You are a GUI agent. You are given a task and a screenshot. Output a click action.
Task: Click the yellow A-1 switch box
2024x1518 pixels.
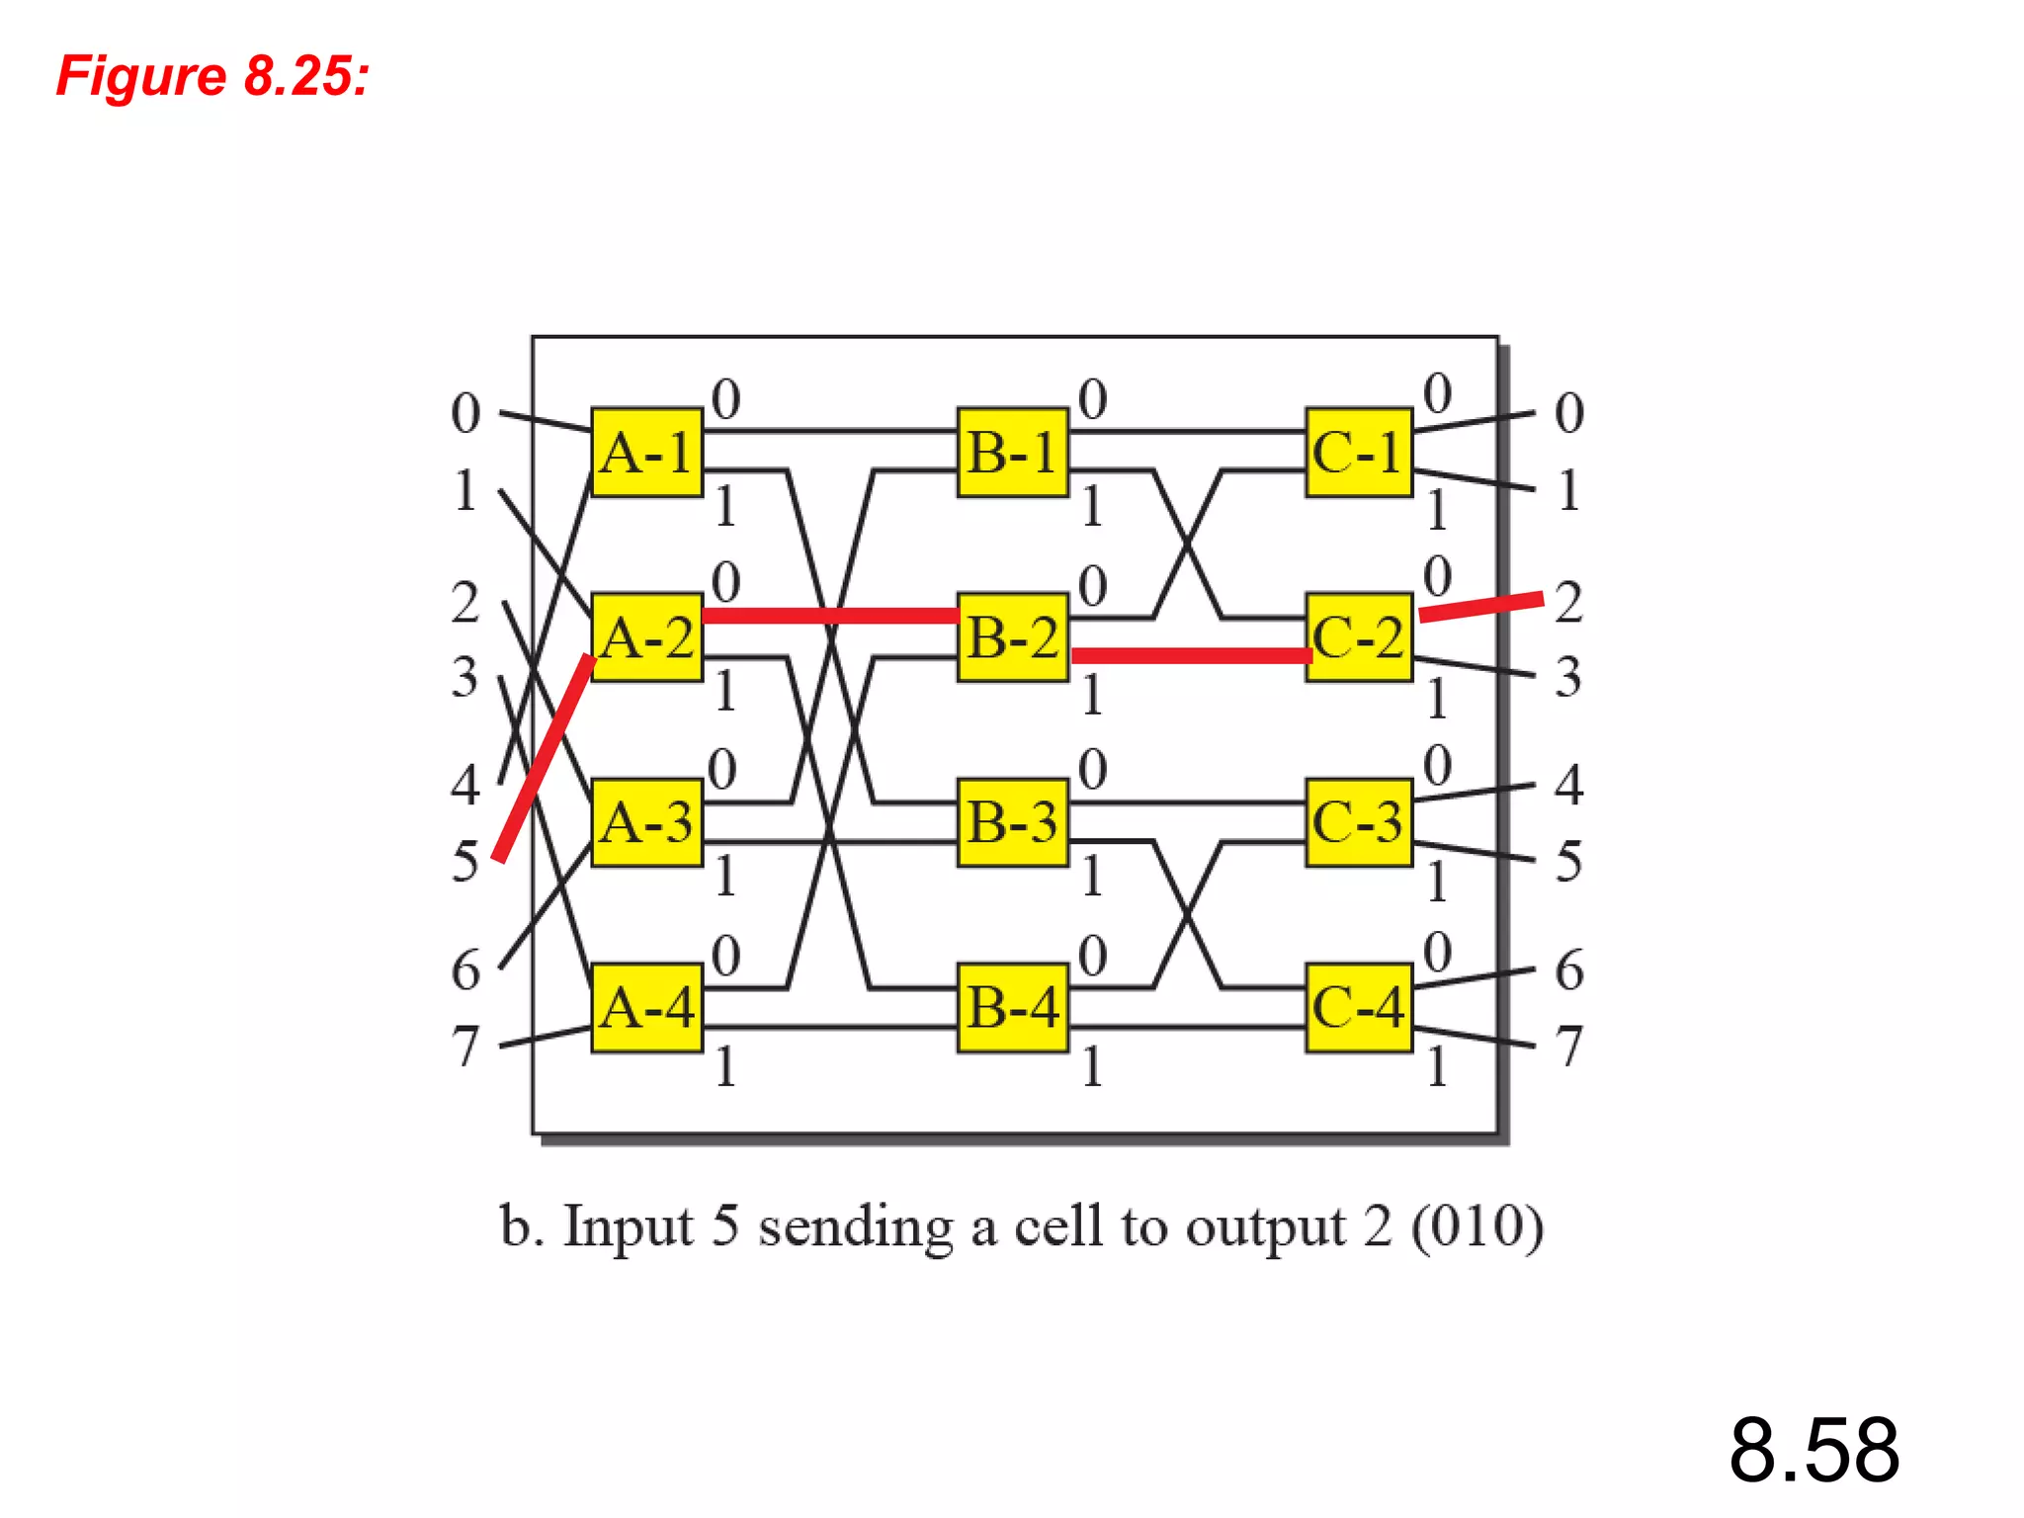tap(647, 453)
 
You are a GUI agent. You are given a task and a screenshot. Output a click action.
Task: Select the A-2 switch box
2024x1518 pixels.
tap(647, 637)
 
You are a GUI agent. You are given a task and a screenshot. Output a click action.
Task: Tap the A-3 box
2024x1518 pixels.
tap(647, 822)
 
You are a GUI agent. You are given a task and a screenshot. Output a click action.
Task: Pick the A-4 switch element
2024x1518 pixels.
tap(647, 1008)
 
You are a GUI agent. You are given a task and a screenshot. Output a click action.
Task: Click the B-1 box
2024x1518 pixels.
tap(1013, 453)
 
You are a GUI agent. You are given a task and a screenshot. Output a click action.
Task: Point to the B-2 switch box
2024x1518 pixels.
tap(1013, 637)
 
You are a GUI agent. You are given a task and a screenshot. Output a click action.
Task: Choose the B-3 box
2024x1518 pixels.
tap(1013, 822)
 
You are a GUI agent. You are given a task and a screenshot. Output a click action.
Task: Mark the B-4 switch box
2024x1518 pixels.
tap(1013, 1008)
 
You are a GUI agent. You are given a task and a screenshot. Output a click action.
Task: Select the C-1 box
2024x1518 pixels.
tap(1359, 453)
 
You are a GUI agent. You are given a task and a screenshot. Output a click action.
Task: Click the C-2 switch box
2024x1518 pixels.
tap(1359, 637)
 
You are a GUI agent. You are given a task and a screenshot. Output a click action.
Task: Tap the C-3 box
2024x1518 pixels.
tap(1359, 822)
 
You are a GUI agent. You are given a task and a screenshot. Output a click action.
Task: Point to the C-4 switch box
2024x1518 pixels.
tap(1359, 1008)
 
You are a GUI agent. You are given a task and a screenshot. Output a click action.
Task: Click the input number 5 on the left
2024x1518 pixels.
tap(464, 862)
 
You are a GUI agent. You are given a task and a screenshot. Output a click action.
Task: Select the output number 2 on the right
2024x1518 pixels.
tap(1568, 603)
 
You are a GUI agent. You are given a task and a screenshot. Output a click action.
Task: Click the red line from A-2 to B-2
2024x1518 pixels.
tap(830, 616)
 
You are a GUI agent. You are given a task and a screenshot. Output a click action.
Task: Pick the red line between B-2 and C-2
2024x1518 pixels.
tap(1191, 655)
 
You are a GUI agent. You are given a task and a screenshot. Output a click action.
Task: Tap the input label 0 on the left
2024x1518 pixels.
tap(465, 413)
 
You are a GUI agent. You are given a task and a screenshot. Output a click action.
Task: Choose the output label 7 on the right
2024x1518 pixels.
tap(1568, 1047)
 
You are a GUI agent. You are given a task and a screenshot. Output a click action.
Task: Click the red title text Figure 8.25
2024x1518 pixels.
tap(212, 76)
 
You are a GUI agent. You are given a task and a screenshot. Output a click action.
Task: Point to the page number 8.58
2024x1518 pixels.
tap(1813, 1450)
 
